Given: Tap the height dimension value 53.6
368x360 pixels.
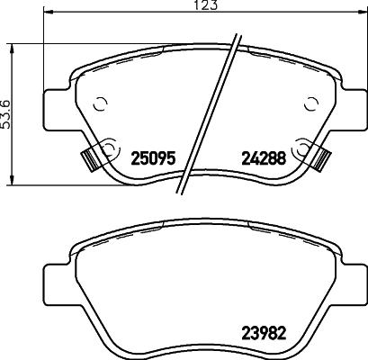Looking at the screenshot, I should tap(7, 113).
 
